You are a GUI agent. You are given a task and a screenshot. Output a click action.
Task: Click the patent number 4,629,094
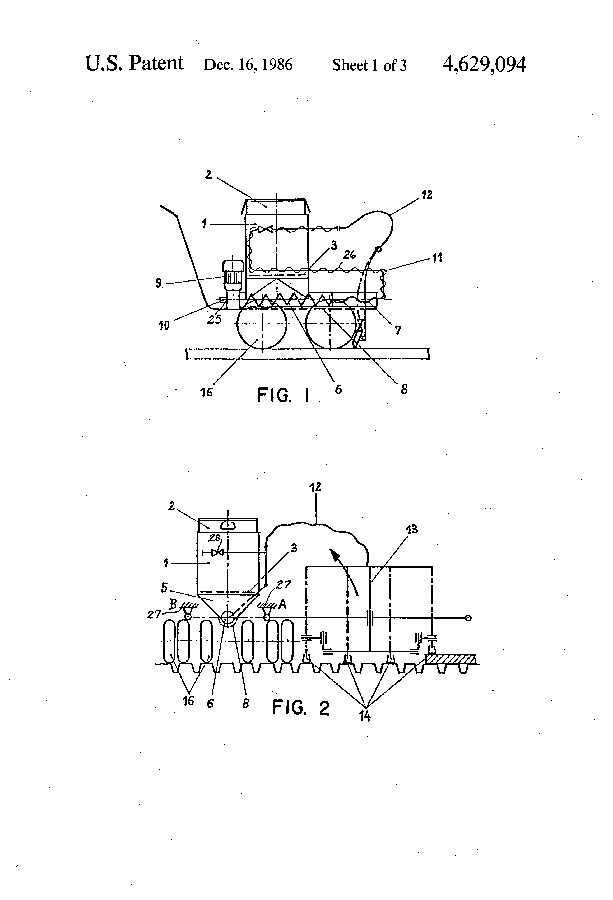[484, 64]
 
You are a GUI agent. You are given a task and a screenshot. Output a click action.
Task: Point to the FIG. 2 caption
[301, 708]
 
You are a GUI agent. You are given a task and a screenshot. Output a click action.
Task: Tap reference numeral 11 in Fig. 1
[437, 258]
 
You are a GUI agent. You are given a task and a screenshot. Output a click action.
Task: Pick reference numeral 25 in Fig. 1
[215, 319]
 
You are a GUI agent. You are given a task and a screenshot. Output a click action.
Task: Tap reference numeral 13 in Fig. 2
[412, 529]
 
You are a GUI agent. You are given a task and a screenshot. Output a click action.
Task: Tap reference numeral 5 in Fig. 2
[164, 588]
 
